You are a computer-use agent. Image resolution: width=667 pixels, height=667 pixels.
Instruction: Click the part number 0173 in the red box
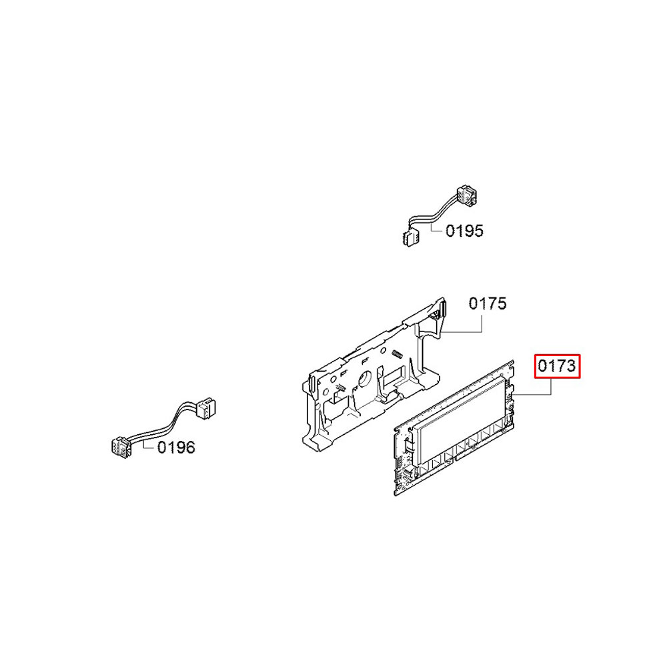557,366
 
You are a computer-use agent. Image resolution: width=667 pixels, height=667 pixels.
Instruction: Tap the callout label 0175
487,304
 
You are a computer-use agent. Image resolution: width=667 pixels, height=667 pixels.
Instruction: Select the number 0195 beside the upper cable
464,231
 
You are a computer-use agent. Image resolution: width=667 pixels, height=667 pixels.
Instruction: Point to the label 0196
176,448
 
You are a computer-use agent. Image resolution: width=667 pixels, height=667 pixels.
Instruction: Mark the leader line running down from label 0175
482,323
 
